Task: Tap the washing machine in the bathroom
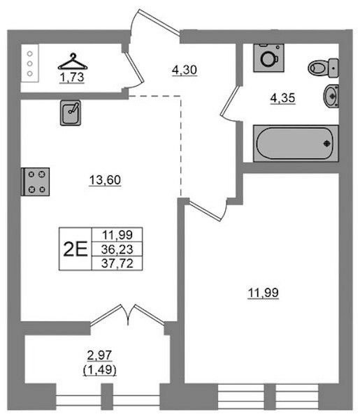269,58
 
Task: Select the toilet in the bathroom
324,68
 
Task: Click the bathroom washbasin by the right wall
331,96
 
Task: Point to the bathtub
296,143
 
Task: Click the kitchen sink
71,112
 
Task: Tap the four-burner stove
36,182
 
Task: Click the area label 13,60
105,180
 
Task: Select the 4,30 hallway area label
185,71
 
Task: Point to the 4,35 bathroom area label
282,98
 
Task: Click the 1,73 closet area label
72,78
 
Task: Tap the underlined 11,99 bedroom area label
264,293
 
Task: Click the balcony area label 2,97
99,355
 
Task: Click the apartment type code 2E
75,249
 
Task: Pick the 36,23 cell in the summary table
117,249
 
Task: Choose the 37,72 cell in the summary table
117,263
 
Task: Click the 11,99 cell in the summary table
117,235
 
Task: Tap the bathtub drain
327,144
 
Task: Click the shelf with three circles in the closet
30,64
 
